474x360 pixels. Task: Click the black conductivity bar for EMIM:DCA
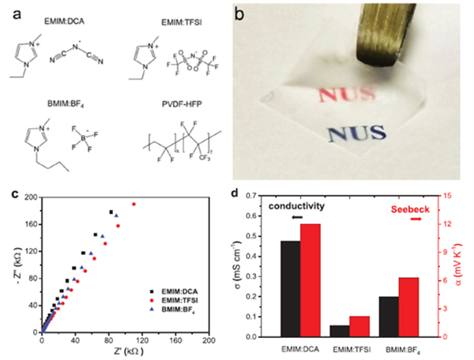pyautogui.click(x=290, y=289)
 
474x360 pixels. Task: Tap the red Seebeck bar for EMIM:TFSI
pyautogui.click(x=359, y=327)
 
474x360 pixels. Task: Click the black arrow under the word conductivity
pyautogui.click(x=296, y=217)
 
